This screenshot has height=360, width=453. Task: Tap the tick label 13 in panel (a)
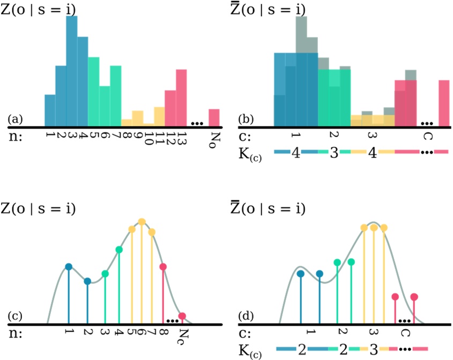182,139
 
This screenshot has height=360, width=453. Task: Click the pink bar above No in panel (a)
214,116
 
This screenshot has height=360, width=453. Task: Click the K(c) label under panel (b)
249,155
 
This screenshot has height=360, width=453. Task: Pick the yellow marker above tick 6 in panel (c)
142,222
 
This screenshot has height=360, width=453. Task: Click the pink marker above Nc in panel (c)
183,316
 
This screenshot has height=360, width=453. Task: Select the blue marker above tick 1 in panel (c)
69,267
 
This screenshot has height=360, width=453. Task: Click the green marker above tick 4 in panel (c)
119,250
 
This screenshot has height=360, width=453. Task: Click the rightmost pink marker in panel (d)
414,296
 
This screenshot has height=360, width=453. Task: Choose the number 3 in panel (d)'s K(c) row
370,350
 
